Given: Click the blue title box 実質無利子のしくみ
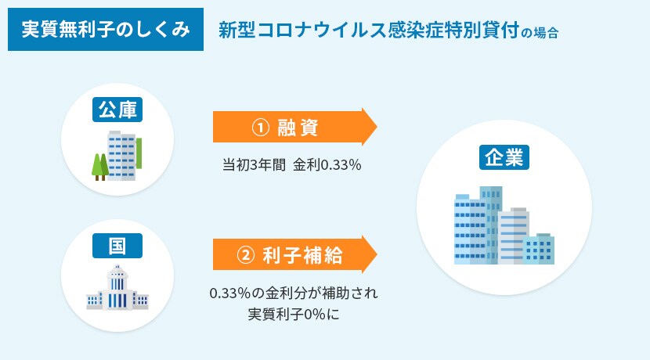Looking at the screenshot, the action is pos(105,30).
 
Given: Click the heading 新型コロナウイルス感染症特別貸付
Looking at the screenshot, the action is pos(369,31).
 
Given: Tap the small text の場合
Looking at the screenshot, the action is pos(540,32).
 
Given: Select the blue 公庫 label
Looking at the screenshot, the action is pos(117,110).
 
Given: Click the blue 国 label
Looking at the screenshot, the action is pos(117,246).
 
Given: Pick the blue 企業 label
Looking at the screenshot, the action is pos(504,157).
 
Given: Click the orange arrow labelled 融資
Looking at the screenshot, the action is pos(294,127).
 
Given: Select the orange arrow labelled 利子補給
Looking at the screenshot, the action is pos(294,254).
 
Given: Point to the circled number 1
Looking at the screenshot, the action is pos(261,128).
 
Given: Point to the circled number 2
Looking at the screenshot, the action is pos(245,255).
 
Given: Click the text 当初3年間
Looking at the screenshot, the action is pos(254,165).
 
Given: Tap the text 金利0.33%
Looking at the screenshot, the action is pos(327,165).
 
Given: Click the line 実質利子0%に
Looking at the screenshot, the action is pos(294,314).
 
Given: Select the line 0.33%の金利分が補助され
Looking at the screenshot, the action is pos(294,293).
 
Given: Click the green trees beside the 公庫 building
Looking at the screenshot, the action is pos(100,167).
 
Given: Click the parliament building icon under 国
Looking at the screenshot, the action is pos(117,287).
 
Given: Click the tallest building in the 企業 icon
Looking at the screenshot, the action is pos(491,225).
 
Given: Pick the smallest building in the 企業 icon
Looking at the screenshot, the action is pos(539,249).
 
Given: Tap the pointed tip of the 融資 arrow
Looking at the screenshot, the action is pos(377,127).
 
